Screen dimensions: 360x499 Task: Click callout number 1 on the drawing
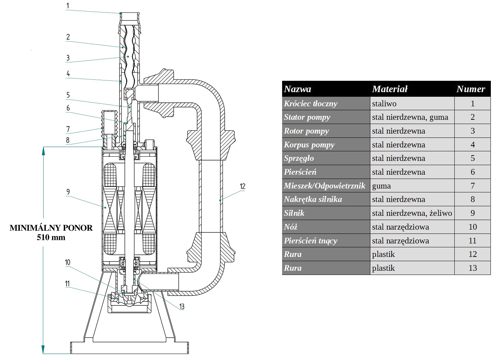[x=68, y=6]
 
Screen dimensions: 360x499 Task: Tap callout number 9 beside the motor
[x=68, y=192]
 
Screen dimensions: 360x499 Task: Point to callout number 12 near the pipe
[x=242, y=186]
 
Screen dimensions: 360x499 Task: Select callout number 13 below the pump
[x=181, y=306]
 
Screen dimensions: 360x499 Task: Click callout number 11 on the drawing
[x=67, y=284]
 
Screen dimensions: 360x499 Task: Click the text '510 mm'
[x=51, y=237]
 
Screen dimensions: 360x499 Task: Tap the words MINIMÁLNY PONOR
[x=51, y=228]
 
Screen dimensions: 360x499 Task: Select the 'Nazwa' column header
[x=298, y=89]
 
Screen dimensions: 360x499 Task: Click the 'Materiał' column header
[x=390, y=89]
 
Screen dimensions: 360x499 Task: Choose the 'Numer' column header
[x=471, y=89]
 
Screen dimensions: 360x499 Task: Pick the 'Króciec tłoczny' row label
[x=310, y=103]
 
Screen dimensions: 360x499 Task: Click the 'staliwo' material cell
[x=384, y=103]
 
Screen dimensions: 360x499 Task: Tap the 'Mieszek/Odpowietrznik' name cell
[x=324, y=186]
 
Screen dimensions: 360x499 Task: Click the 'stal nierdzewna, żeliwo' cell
[x=412, y=213]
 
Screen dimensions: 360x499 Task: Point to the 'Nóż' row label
[x=291, y=227]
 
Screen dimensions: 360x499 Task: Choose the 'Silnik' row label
[x=294, y=213]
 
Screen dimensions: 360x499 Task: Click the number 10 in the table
[x=472, y=227]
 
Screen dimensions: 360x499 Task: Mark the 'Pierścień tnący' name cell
[x=310, y=241]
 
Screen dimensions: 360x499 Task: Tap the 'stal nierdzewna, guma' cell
[x=410, y=117]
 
